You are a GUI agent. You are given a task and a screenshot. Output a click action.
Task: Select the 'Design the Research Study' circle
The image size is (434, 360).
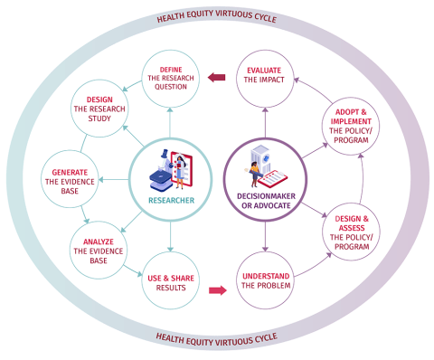(x=105, y=111)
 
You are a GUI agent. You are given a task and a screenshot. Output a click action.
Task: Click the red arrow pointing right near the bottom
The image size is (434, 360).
(x=217, y=290)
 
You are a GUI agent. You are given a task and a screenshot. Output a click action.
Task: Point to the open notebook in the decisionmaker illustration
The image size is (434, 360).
(x=280, y=173)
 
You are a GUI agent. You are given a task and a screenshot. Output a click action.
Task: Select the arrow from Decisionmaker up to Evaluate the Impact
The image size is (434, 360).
(x=265, y=119)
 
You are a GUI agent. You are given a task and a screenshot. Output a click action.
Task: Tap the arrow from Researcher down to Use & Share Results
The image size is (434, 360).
(x=169, y=239)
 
